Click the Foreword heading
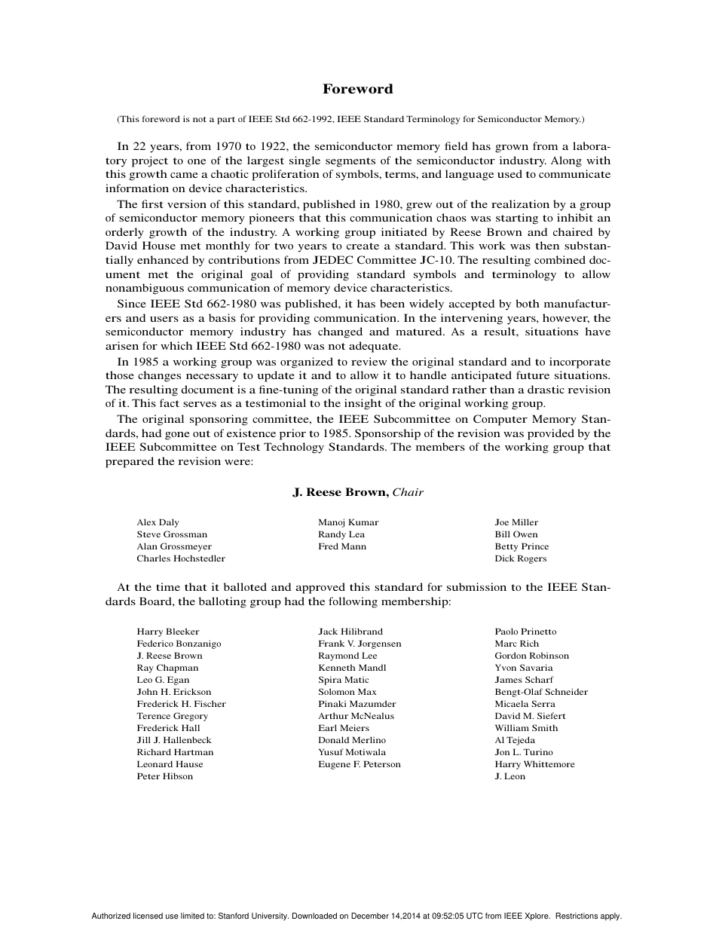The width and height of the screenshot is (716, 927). [x=357, y=89]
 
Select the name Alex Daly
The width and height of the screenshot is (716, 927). [x=158, y=522]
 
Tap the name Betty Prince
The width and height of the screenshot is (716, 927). [x=522, y=546]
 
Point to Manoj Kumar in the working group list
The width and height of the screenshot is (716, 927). [x=348, y=522]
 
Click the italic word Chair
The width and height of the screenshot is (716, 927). [x=408, y=493]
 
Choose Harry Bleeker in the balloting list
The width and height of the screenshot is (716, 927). [x=168, y=632]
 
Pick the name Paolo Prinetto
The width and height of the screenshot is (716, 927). [x=525, y=632]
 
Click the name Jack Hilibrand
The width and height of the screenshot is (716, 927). [x=350, y=632]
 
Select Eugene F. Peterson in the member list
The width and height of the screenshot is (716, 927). [x=360, y=764]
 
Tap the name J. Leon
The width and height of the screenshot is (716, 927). [x=510, y=776]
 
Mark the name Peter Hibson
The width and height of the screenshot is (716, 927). [x=164, y=776]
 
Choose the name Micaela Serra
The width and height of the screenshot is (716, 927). [x=525, y=704]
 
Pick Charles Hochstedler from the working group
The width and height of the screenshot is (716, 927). [x=181, y=558]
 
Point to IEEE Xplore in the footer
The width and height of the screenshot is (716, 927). [x=531, y=916]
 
